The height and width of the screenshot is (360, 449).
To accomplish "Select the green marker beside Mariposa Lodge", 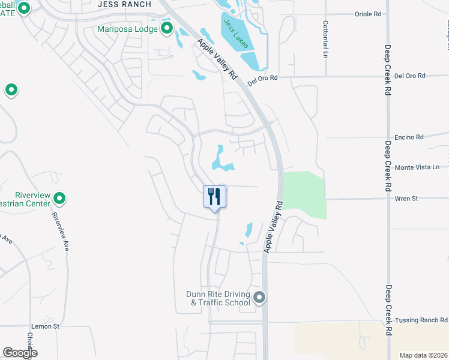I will coord(166,28).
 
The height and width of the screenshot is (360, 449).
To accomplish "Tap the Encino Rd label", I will coord(409,137).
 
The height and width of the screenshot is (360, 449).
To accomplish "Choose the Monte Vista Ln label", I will coord(414,167).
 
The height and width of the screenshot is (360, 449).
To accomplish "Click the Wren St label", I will coord(406,198).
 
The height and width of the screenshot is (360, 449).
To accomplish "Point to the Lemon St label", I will coord(48,326).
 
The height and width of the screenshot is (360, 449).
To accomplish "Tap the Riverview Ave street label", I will coord(59,227).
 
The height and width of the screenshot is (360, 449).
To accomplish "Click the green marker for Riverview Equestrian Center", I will coord(59,197).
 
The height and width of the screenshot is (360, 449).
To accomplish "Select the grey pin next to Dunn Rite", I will coord(259,297).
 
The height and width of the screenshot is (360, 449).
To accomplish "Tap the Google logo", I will coord(19,353).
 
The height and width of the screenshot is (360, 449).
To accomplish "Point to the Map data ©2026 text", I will coord(424,355).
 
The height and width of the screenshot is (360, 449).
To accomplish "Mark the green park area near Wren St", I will coord(305,193).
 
